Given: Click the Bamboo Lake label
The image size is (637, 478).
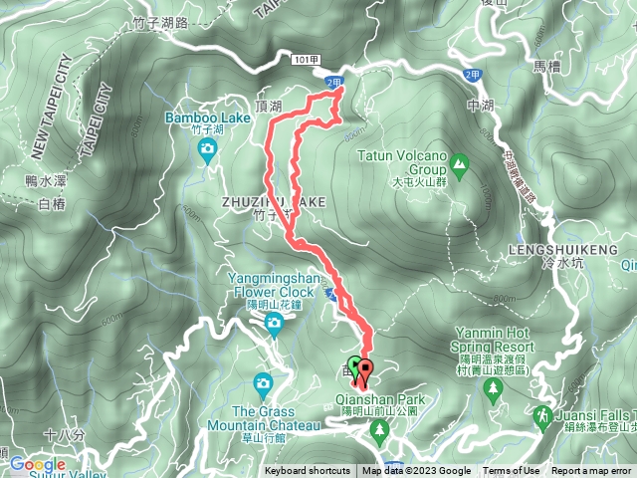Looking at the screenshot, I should pos(207,118).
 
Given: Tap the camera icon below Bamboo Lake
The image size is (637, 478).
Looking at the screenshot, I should pos(207,150).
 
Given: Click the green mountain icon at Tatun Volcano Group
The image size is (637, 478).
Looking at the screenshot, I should pos(460,160).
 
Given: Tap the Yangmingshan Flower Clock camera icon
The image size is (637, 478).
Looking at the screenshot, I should pos(273,324).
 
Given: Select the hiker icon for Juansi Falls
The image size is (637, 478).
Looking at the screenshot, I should pos(542,414).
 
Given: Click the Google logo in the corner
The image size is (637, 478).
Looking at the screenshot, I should pos(38,464).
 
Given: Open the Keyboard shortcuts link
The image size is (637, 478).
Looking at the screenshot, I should pos(307,471).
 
